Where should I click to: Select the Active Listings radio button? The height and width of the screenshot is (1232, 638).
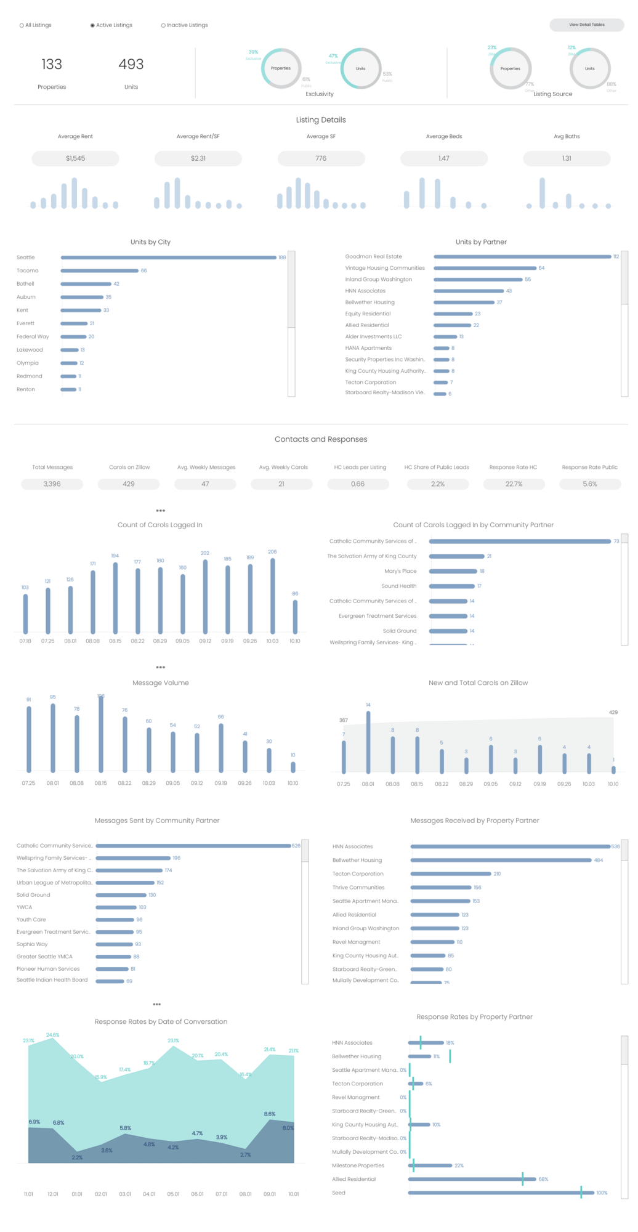pos(92,25)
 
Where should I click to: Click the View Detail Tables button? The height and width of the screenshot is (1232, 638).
pos(586,25)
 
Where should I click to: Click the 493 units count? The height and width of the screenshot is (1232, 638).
pos(131,64)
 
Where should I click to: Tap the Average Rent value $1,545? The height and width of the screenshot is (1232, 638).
pos(75,158)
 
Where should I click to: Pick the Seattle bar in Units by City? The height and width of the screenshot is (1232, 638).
pos(168,257)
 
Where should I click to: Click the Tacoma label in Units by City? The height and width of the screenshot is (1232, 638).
pos(28,270)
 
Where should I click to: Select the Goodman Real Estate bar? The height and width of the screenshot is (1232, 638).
pos(522,256)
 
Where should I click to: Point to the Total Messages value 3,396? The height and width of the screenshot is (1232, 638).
pos(52,484)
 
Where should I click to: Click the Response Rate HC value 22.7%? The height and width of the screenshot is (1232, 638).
pos(514,484)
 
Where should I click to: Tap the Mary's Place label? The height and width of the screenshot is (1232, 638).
pos(400,571)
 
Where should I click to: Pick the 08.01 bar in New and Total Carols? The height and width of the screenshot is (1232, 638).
pos(368,742)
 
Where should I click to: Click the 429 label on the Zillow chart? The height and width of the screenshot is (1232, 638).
pos(613,712)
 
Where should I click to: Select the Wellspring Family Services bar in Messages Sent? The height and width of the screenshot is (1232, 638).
pos(133,858)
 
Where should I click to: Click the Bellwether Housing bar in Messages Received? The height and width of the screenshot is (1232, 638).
pos(501,860)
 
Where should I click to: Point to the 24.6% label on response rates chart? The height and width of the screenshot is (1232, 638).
pos(52,1035)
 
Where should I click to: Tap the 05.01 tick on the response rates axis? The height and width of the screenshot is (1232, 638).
pos(173,1194)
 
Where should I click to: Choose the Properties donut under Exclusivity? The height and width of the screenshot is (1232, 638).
pos(281,68)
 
